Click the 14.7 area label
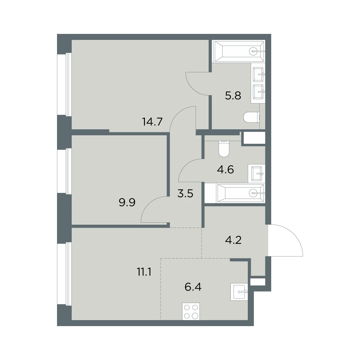152,122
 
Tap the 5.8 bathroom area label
233,95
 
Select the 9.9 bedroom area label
127,202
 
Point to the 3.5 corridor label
185,193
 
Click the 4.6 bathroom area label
226,169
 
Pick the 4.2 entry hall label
233,240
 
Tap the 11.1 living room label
144,272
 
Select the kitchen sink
239,292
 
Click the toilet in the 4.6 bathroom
224,149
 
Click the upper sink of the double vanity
258,74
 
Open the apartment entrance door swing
286,240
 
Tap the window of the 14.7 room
64,84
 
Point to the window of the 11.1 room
64,274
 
